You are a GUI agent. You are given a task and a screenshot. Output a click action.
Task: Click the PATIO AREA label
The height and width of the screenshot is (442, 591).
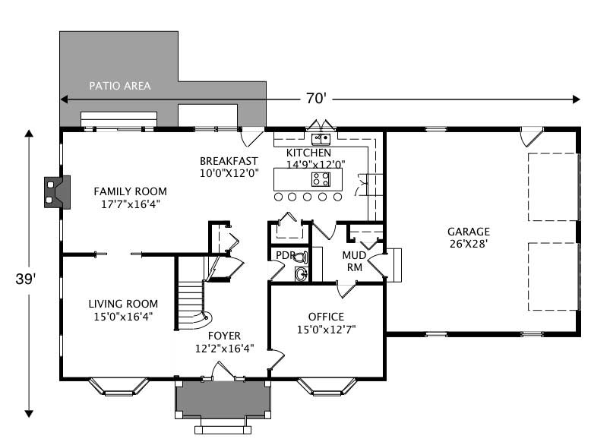point(120,86)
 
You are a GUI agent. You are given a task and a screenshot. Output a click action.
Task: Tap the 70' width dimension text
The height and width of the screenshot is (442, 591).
point(317,99)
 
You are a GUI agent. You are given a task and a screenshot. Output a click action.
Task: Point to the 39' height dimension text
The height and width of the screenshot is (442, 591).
point(27,279)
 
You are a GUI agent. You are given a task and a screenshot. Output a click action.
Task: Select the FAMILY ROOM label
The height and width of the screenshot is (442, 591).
point(130,191)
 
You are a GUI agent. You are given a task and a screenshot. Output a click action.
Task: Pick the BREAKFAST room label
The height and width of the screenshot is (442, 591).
point(229,161)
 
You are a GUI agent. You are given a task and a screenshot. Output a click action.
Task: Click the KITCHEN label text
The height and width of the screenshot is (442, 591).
point(308,153)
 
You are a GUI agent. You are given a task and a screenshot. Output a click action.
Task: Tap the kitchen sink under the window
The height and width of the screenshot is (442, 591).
point(320,138)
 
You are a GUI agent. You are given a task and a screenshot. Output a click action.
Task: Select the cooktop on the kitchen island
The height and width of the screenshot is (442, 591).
point(321,179)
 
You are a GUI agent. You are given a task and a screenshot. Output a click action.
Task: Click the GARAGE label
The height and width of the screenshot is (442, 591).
point(468,232)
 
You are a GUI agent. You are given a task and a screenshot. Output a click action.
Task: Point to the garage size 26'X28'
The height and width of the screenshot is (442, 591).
point(468,244)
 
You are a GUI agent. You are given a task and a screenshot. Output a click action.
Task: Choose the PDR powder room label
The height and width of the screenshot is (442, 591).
point(284,255)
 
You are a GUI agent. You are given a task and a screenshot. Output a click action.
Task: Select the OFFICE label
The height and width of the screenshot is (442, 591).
point(326,317)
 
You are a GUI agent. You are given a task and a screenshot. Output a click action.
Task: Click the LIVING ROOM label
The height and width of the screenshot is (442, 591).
point(122,304)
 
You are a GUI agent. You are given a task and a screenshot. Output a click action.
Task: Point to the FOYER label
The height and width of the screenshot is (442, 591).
point(224,336)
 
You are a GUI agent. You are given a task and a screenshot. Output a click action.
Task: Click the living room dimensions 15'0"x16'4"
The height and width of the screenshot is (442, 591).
point(122,317)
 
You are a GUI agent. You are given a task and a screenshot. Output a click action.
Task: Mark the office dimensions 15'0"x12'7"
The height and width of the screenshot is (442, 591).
point(327,330)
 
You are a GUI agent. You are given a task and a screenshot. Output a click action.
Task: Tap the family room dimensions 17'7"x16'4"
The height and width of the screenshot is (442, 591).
point(130,204)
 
